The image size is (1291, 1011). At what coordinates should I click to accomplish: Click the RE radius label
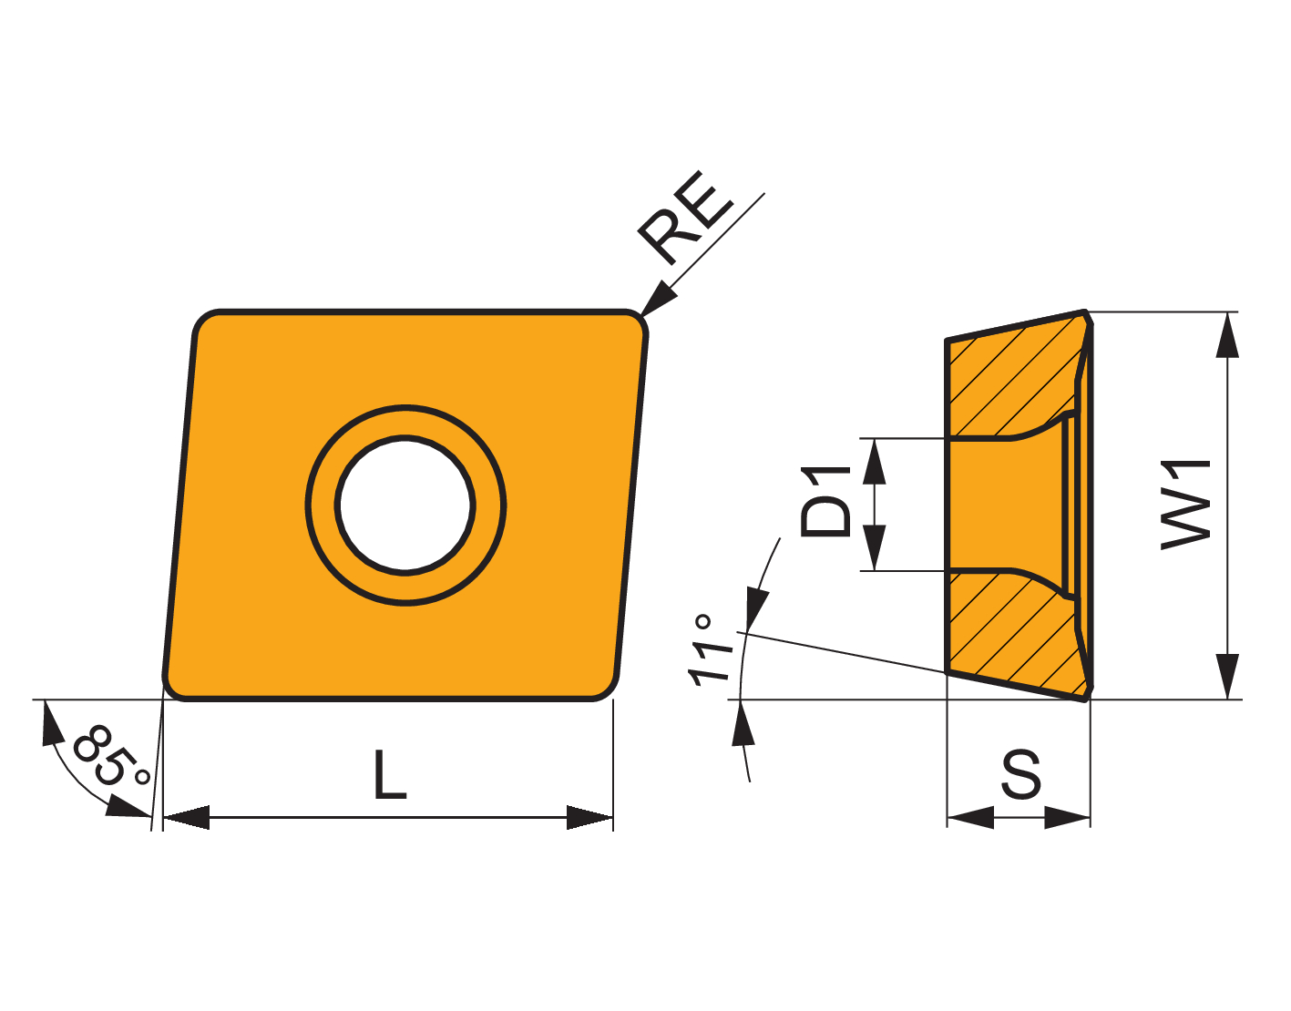(x=685, y=218)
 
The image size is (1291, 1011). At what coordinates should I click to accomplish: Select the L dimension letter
(x=390, y=774)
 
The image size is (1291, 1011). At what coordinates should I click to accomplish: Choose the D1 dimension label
(x=825, y=502)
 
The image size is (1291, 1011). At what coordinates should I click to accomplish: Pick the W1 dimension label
(x=1186, y=505)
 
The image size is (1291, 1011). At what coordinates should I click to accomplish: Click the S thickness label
(x=1021, y=773)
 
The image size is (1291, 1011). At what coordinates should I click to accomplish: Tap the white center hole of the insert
(x=405, y=505)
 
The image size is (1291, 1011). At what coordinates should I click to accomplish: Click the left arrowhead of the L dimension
(x=186, y=818)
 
